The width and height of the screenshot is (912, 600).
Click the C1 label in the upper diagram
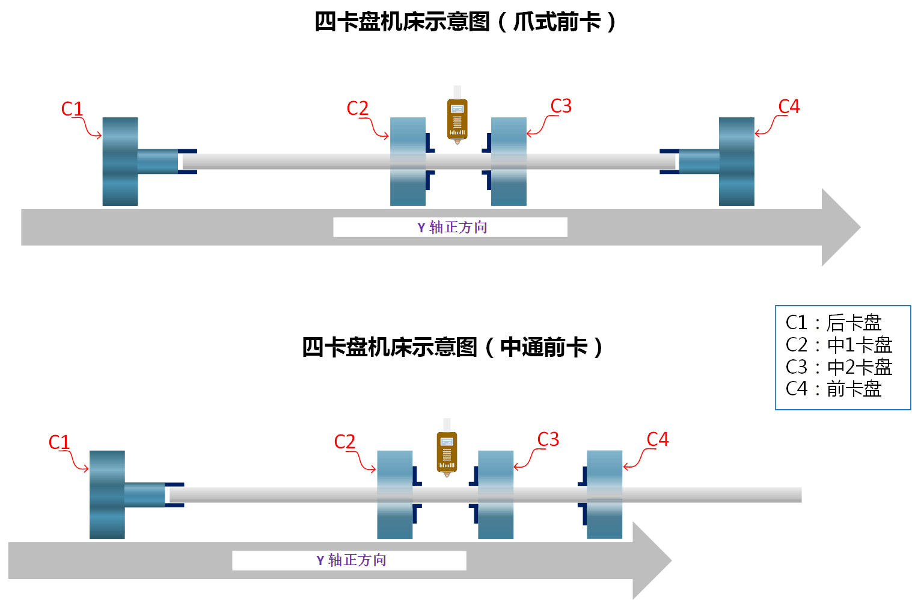[72, 109]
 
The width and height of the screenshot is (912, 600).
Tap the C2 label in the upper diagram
[358, 108]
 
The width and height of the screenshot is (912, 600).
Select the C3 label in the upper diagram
[561, 106]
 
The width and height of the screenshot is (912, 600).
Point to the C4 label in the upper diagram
[789, 107]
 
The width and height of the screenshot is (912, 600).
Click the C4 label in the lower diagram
[658, 439]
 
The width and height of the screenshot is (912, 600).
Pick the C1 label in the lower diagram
[60, 442]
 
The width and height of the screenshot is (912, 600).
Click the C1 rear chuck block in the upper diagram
[120, 161]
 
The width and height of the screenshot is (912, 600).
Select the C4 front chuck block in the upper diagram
[736, 161]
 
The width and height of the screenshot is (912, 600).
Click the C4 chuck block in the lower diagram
[604, 495]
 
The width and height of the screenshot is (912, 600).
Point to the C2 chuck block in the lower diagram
[395, 495]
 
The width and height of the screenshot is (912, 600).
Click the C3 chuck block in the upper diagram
[509, 161]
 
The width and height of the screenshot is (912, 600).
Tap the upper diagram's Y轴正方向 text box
[450, 227]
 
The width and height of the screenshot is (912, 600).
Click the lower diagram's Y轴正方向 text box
[349, 560]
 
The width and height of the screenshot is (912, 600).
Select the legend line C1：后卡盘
[833, 323]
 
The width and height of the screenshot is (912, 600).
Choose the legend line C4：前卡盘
[833, 389]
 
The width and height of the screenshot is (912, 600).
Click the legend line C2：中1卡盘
[839, 345]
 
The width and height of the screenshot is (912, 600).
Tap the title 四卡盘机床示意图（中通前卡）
[452, 347]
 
